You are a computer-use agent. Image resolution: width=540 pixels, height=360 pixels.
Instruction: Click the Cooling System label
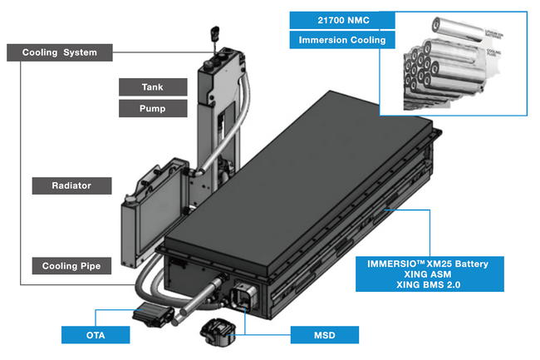coord(59,52)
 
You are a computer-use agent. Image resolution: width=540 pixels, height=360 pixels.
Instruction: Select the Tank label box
coord(153,86)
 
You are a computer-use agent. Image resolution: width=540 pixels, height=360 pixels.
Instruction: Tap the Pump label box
coord(153,108)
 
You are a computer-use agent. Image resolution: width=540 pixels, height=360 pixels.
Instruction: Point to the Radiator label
coord(71,185)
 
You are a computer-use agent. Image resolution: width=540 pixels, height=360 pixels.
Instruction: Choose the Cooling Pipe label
coord(71,266)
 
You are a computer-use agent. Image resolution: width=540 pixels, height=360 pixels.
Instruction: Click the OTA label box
coord(96,335)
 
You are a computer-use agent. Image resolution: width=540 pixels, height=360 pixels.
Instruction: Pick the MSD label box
coord(324,335)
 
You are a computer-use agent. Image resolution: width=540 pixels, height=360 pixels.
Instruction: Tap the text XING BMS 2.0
coord(428,284)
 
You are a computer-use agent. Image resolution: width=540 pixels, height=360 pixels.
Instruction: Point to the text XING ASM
coord(428,274)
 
